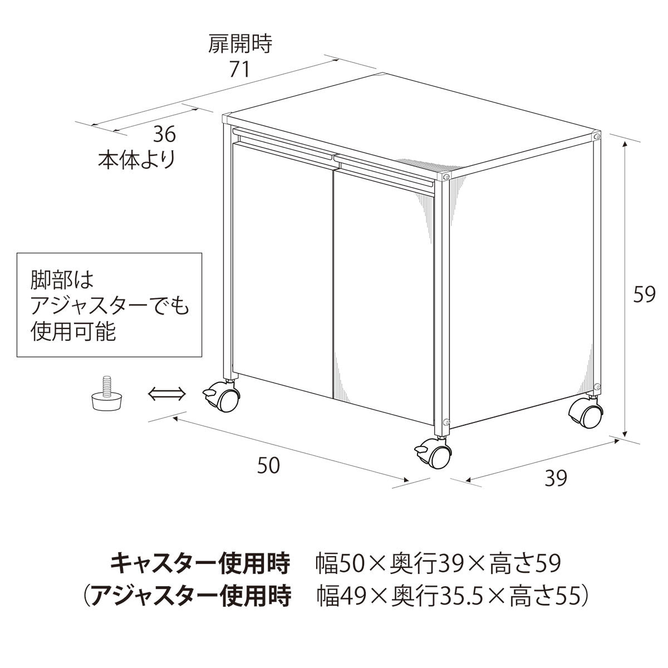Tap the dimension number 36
tap(164, 134)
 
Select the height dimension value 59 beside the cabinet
tap(645, 294)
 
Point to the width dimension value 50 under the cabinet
tap(268, 465)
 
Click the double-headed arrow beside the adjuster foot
tap(166, 395)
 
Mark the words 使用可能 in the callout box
tap(73, 332)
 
